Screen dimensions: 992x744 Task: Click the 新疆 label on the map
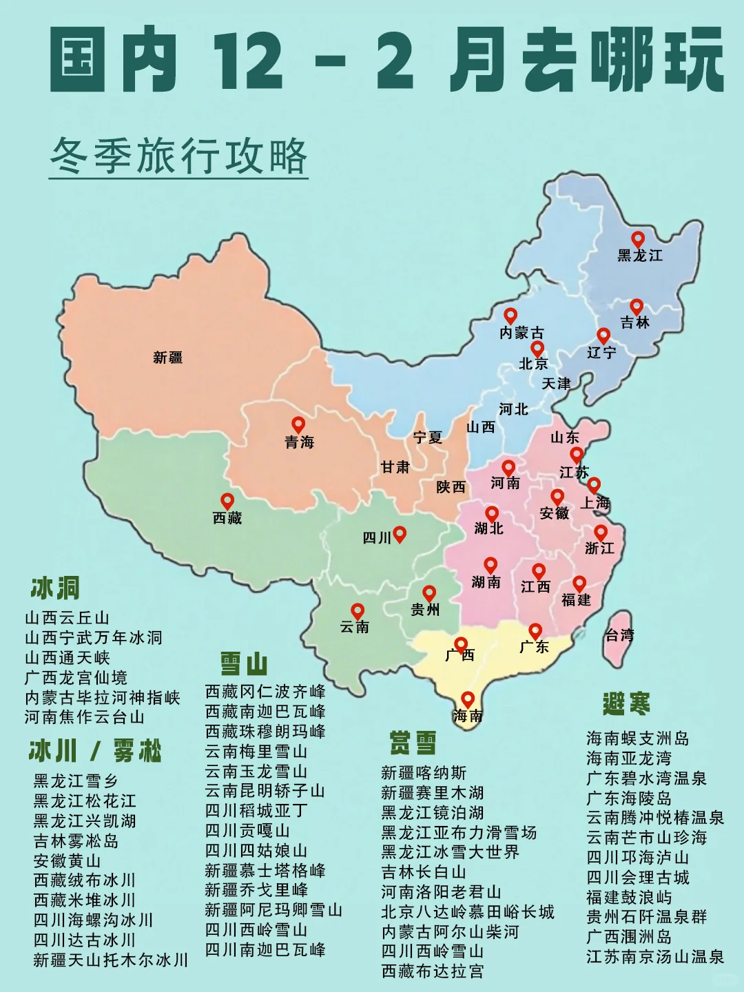click(x=167, y=358)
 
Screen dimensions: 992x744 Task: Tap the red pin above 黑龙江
click(x=638, y=238)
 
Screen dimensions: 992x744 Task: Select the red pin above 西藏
click(x=227, y=501)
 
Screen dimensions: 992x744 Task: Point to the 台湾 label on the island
click(x=619, y=635)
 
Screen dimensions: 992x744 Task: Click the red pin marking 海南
click(x=468, y=699)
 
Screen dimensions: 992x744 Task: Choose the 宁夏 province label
click(x=427, y=437)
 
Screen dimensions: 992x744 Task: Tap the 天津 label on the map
click(x=556, y=384)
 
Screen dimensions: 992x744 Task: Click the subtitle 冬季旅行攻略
click(x=178, y=156)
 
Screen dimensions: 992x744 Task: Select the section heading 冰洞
click(x=55, y=588)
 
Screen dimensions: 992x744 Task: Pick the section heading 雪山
click(x=244, y=664)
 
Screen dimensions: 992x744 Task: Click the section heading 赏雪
click(x=413, y=743)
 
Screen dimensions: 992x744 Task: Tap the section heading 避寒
click(x=626, y=704)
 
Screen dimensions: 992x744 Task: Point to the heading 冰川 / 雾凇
click(x=95, y=751)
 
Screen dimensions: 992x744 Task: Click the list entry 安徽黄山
click(x=68, y=861)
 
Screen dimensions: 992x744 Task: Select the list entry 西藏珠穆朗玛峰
click(x=265, y=732)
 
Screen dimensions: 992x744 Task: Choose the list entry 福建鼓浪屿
click(x=629, y=897)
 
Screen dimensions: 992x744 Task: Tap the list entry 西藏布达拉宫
click(x=433, y=971)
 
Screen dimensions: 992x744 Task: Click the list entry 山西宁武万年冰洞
click(x=94, y=638)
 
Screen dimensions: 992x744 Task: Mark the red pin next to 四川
click(x=399, y=533)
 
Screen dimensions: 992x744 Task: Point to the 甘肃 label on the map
click(x=395, y=467)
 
